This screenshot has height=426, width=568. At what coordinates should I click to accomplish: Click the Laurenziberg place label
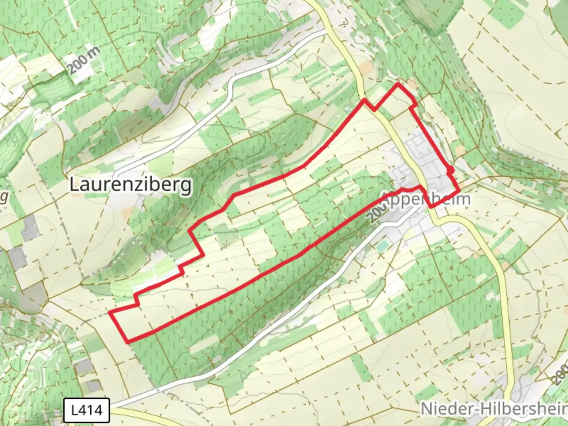(x=131, y=185)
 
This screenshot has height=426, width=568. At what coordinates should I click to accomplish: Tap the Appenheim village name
(x=426, y=199)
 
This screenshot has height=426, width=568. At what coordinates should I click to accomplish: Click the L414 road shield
(x=86, y=410)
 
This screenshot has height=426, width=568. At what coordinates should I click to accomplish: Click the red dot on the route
(x=450, y=170)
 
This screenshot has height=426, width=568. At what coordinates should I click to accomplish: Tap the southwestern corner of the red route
(x=127, y=342)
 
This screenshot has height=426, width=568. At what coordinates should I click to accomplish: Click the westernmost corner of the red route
(x=110, y=313)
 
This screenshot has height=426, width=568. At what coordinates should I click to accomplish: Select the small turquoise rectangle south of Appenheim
(x=382, y=247)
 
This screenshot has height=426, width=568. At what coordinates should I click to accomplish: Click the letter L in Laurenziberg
(x=74, y=185)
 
